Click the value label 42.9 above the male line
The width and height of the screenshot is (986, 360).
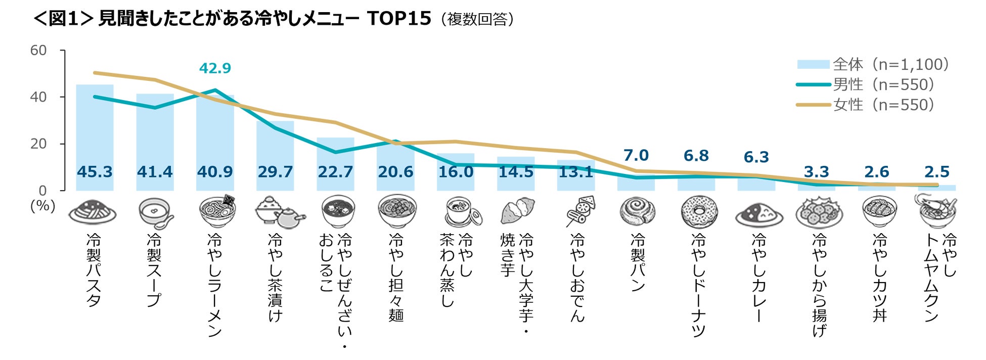pyautogui.click(x=215, y=68)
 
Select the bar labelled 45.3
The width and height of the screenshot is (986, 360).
pyautogui.click(x=95, y=138)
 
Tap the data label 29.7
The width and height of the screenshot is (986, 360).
pyautogui.click(x=275, y=172)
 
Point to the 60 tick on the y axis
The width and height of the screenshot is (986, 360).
pyautogui.click(x=38, y=51)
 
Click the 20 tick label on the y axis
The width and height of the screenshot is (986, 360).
pyautogui.click(x=38, y=144)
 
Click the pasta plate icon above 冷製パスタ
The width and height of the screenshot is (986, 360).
pyautogui.click(x=93, y=212)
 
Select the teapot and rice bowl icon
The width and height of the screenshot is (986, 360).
pyautogui.click(x=280, y=212)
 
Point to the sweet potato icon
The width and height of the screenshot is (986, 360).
pyautogui.click(x=518, y=211)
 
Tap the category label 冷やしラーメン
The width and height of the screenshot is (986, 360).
pyautogui.click(x=215, y=285)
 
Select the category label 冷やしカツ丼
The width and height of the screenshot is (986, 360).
pyautogui.click(x=880, y=278)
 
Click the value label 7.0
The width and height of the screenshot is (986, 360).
pyautogui.click(x=636, y=155)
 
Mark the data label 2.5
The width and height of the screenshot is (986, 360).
pyautogui.click(x=937, y=172)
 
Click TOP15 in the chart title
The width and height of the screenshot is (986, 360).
pyautogui.click(x=399, y=19)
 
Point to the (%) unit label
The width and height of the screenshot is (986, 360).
pyautogui.click(x=43, y=206)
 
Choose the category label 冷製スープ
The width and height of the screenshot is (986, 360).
pyautogui.click(x=154, y=270)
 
